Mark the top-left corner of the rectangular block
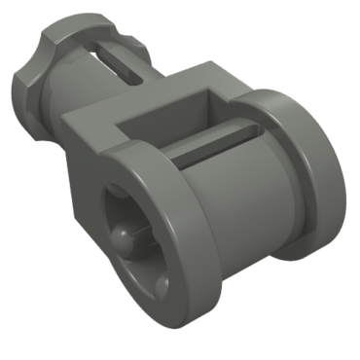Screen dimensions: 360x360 [x=70, y=116]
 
